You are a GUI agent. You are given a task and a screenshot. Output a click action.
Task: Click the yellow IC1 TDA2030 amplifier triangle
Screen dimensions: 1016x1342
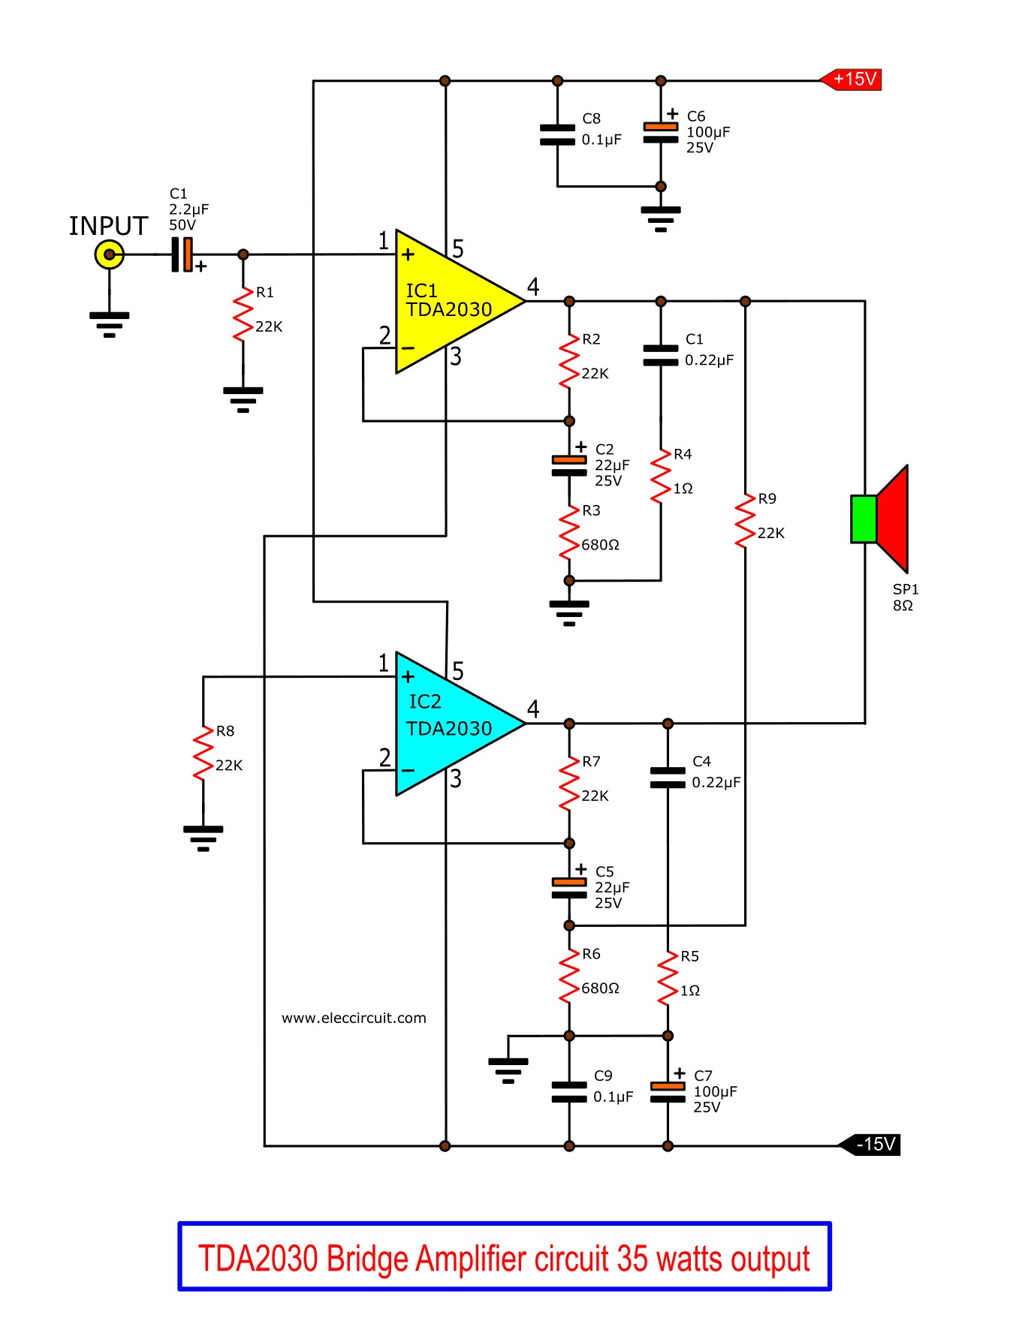pos(451,302)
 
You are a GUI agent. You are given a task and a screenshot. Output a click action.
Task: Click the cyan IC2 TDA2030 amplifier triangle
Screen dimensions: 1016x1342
pos(451,724)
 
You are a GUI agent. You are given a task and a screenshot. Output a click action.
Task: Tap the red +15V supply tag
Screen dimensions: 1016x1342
pos(850,80)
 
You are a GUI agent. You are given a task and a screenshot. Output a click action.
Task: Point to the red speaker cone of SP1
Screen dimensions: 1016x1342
pos(894,519)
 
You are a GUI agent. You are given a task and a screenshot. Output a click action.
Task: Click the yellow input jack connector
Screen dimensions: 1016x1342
pos(110,254)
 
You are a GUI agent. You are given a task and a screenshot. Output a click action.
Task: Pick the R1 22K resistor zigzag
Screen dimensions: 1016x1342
pos(243,315)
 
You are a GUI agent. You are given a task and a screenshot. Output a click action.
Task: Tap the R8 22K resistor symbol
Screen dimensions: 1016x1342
pos(203,754)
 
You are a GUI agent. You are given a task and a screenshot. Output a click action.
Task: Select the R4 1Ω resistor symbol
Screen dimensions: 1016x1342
pos(661,477)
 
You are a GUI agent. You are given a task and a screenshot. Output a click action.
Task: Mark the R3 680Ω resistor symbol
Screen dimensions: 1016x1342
pos(569,533)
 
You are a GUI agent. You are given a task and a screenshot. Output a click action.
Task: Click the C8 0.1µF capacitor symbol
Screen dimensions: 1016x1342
pos(557,134)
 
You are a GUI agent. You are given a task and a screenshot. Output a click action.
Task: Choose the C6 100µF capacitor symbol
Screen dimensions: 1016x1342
pos(661,132)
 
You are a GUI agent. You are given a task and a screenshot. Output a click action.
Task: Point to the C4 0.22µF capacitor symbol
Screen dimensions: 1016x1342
pos(668,778)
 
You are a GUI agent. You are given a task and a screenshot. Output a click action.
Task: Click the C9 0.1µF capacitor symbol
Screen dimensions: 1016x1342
pos(569,1092)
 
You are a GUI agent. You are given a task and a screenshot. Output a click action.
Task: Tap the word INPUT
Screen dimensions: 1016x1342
pos(109,226)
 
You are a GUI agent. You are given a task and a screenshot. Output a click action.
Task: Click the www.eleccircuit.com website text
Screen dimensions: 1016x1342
pos(354,1019)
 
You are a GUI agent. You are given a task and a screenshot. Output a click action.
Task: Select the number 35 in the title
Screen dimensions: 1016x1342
pos(632,1259)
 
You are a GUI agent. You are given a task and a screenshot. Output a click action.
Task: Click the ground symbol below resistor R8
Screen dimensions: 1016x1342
pos(203,838)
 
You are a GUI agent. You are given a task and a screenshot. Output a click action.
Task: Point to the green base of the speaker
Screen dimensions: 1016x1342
pos(864,519)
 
